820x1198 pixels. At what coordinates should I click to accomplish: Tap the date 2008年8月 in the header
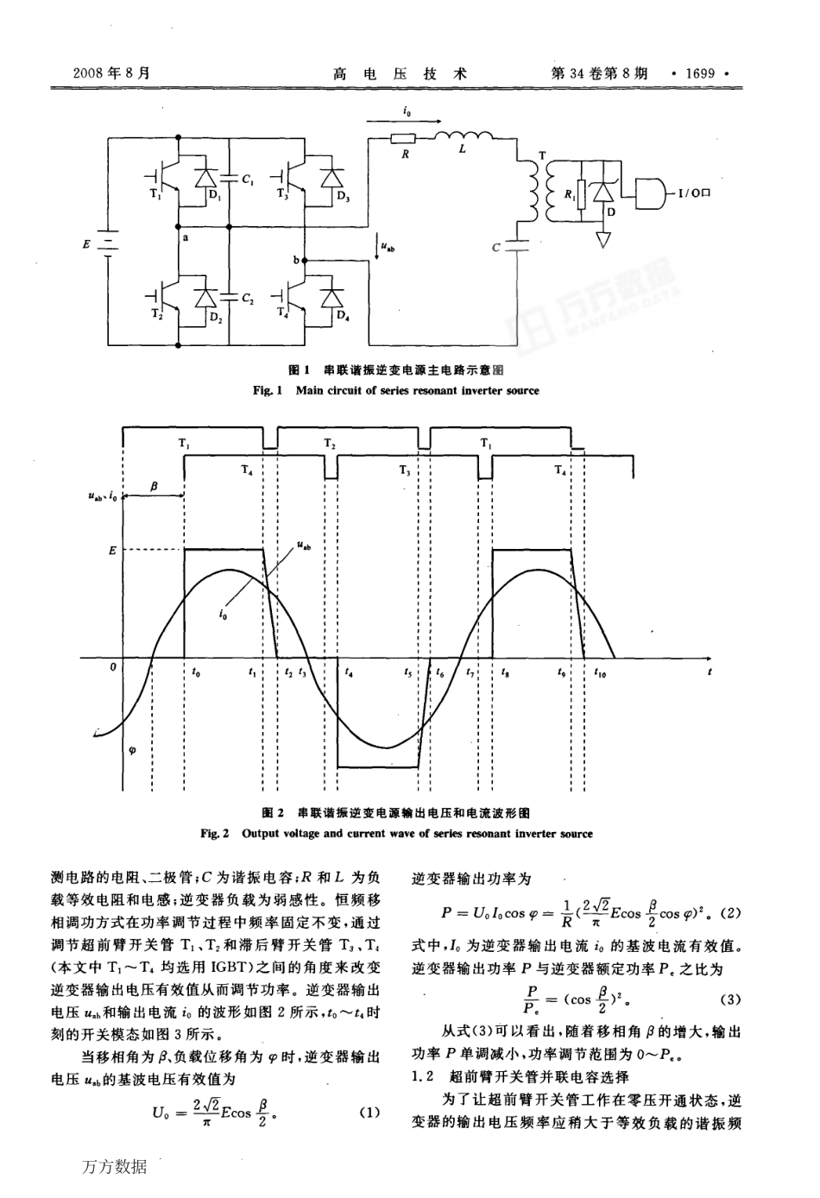[x=111, y=73]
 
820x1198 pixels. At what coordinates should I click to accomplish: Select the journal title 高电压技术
[x=400, y=73]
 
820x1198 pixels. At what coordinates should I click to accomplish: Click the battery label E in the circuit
[x=86, y=244]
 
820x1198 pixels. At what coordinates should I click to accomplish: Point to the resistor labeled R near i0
[x=403, y=138]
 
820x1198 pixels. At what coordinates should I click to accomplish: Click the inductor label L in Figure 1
[x=462, y=148]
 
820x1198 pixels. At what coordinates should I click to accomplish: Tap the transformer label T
[x=541, y=155]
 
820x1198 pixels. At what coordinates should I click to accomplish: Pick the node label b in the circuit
[x=296, y=259]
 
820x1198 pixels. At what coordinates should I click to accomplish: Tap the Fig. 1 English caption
[x=396, y=390]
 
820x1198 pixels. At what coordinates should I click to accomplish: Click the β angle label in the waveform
[x=154, y=487]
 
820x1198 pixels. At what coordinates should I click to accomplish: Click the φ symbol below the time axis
[x=132, y=749]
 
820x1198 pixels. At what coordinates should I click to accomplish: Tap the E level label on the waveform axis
[x=111, y=549]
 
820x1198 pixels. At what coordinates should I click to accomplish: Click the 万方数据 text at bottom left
[x=115, y=1167]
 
